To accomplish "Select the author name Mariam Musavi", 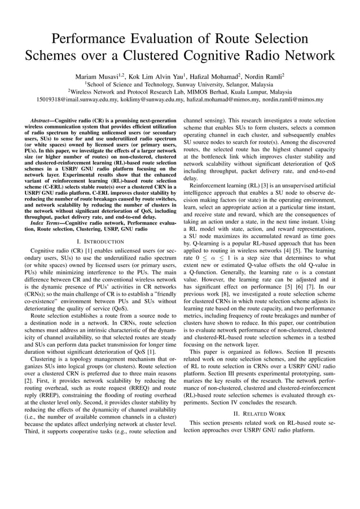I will tap(98, 76).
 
